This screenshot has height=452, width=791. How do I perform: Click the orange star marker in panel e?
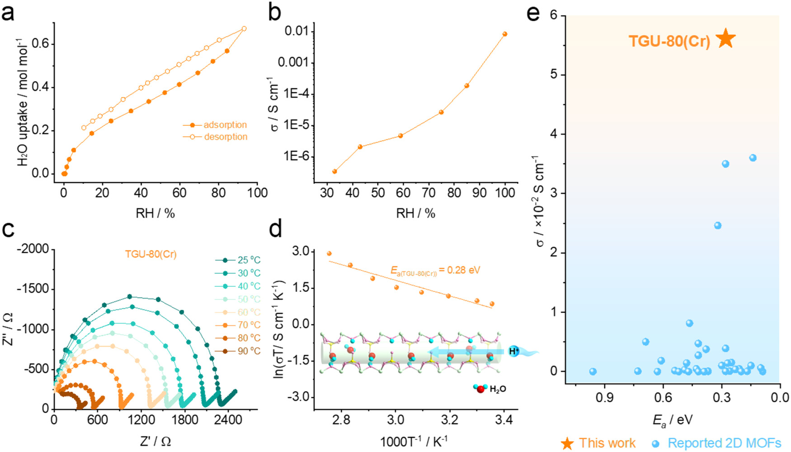[x=726, y=38]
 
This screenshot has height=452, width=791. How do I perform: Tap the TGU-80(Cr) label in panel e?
[x=669, y=41]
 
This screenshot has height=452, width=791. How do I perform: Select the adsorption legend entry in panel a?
[x=225, y=125]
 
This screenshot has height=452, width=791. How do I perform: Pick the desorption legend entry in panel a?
[x=225, y=137]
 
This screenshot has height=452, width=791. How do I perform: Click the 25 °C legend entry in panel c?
[x=249, y=260]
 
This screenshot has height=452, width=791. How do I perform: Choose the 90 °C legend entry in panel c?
[x=249, y=351]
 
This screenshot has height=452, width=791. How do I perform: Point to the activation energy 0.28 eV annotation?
[x=435, y=271]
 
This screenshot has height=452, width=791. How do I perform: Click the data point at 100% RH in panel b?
[x=505, y=34]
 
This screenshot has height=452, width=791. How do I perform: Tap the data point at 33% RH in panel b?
[x=334, y=171]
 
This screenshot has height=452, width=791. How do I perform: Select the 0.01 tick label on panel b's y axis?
[x=297, y=31]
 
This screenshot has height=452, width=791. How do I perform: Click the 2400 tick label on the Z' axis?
[x=228, y=420]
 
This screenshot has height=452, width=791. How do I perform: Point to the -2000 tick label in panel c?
[x=33, y=249]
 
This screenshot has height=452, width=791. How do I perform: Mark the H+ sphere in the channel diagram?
[x=513, y=351]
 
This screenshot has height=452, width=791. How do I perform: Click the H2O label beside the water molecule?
[x=498, y=389]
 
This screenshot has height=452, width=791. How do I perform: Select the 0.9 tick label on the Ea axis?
[x=604, y=398]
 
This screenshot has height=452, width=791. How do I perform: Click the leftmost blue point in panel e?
[x=593, y=371]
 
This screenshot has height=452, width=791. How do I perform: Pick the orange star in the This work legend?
[x=567, y=443]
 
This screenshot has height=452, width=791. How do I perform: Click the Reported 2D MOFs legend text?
[x=724, y=443]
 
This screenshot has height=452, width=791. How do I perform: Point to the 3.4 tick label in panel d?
[x=504, y=420]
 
